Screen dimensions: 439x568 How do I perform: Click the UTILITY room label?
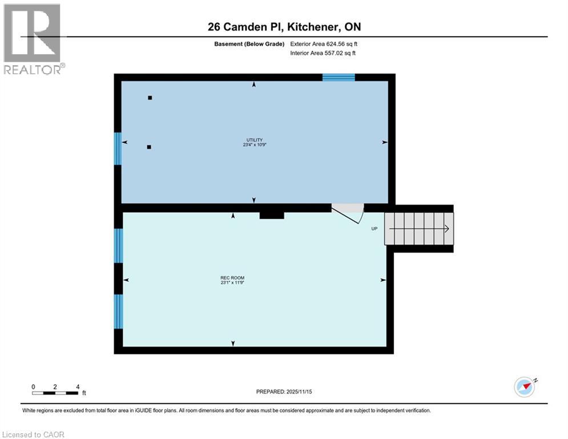click(x=254, y=140)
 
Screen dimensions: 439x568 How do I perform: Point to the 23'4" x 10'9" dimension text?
click(x=254, y=145)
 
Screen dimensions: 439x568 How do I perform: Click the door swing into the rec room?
click(x=349, y=215)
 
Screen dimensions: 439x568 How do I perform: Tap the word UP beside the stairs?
click(x=374, y=229)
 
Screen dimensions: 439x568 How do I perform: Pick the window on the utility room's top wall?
click(x=339, y=77)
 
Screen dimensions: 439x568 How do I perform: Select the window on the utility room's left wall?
click(x=118, y=149)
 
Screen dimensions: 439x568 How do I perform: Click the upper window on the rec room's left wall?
click(x=118, y=246)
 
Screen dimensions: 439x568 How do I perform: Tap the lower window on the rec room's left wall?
click(x=118, y=312)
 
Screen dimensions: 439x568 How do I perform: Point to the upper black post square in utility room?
click(x=150, y=98)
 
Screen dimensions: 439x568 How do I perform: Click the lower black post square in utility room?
click(x=149, y=147)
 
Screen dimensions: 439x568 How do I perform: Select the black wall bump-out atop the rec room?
click(x=272, y=214)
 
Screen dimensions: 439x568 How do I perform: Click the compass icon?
click(x=525, y=387)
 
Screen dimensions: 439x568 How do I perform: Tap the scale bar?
click(x=55, y=393)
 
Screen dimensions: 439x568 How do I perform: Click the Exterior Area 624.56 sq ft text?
click(x=324, y=43)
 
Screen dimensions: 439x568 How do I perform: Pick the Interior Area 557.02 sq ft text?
click(x=323, y=54)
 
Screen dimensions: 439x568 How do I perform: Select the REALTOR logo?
click(x=33, y=39)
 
